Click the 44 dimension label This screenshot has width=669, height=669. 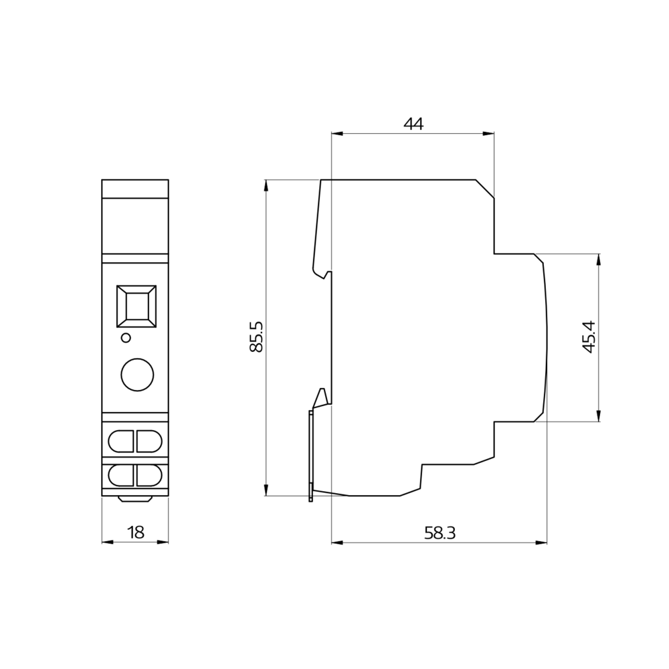coord(413,124)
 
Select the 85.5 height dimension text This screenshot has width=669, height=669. coord(256,337)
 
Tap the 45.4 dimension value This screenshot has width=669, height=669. coord(589,337)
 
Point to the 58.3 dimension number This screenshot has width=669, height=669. coord(440,533)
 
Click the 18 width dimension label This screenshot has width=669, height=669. coord(136,533)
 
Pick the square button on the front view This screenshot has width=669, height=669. coord(136,306)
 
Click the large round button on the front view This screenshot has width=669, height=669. coord(137,375)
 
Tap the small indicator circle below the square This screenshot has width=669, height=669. coord(126,338)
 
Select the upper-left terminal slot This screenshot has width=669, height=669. coord(121,441)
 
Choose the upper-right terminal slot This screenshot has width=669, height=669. coord(149,441)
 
